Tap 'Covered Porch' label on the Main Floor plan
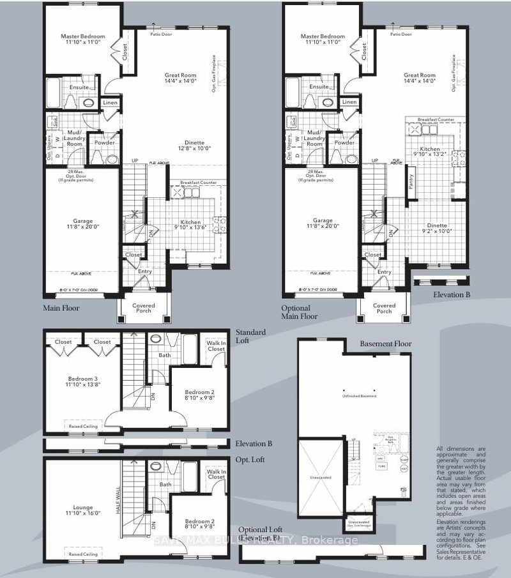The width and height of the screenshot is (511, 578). click(x=144, y=308)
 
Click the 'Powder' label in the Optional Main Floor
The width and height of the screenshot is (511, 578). click(x=344, y=143)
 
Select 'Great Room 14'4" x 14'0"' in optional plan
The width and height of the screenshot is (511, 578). click(x=420, y=78)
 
